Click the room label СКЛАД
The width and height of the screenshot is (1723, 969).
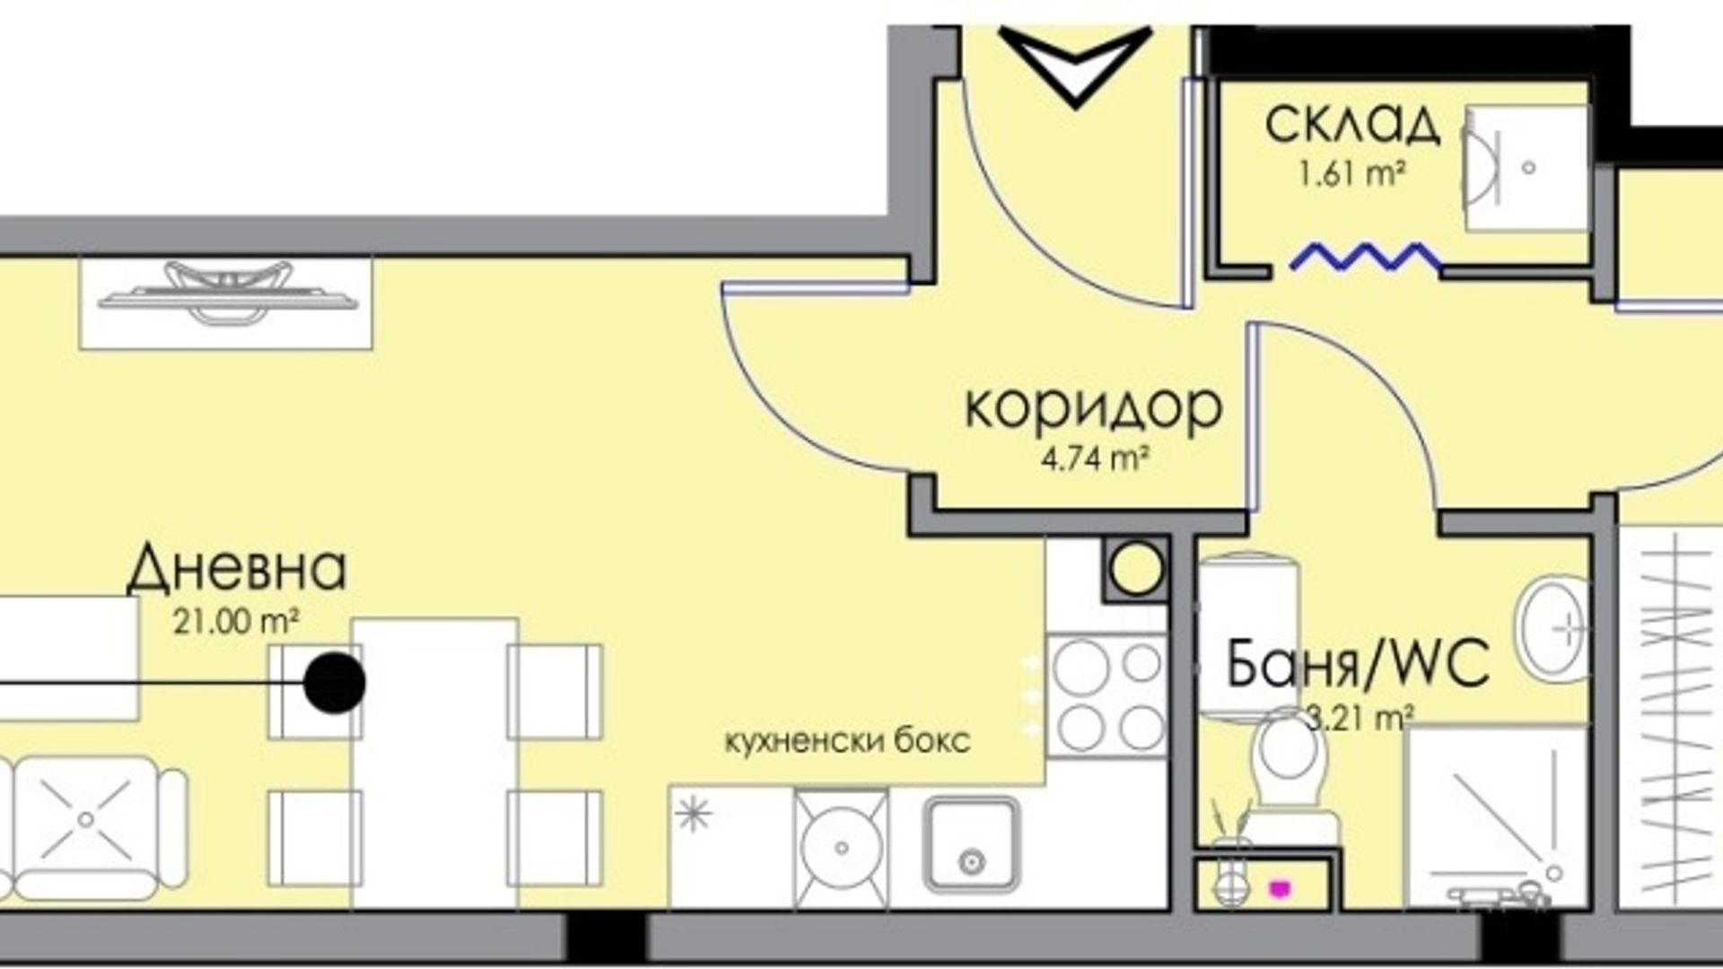click(x=1352, y=125)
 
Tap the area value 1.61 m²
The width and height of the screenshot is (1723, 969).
click(x=1351, y=172)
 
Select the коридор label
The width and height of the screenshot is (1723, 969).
click(x=1093, y=409)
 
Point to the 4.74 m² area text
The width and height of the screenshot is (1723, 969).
click(x=1095, y=459)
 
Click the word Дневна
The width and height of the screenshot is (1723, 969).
click(x=236, y=569)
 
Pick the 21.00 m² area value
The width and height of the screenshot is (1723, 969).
click(x=236, y=621)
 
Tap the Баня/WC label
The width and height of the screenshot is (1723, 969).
click(x=1358, y=664)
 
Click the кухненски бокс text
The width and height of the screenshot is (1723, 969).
click(x=847, y=742)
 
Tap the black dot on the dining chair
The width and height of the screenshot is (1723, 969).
click(x=335, y=683)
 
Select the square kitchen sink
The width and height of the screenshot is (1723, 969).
click(x=972, y=845)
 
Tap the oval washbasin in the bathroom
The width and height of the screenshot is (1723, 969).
click(x=1552, y=627)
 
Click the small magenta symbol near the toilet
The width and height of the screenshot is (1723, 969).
click(x=1277, y=888)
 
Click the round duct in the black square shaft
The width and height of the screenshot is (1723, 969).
click(x=1136, y=567)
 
